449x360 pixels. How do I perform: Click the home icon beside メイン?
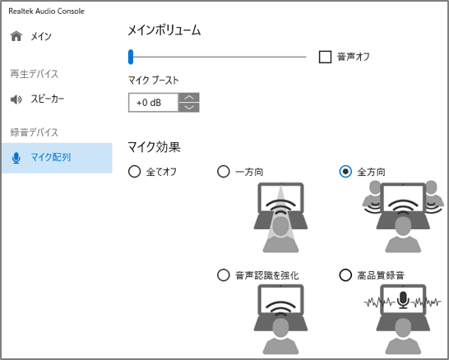point(16,36)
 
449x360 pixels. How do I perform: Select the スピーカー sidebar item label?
point(48,99)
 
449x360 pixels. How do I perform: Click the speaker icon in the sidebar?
point(16,99)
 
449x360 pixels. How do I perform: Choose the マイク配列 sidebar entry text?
point(51,157)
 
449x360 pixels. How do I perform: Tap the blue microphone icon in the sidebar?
point(16,158)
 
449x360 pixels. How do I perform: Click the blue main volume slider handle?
point(131,57)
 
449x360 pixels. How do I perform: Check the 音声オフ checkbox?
point(325,57)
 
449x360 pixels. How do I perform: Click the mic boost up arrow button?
point(189,98)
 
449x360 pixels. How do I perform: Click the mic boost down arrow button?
point(189,108)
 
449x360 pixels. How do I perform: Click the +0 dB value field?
point(154,103)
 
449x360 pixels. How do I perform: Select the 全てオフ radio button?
point(134,172)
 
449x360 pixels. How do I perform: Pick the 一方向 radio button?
point(224,172)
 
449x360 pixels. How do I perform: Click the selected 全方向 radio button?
point(345,172)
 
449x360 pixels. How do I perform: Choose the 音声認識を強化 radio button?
point(224,275)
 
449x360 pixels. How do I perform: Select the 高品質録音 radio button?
point(345,275)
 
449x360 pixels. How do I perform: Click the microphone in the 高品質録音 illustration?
point(403,300)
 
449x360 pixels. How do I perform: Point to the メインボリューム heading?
point(164,30)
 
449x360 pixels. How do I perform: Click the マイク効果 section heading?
point(154,147)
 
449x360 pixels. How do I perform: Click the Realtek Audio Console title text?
point(46,12)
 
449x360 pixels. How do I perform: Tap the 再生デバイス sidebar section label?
point(34,74)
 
